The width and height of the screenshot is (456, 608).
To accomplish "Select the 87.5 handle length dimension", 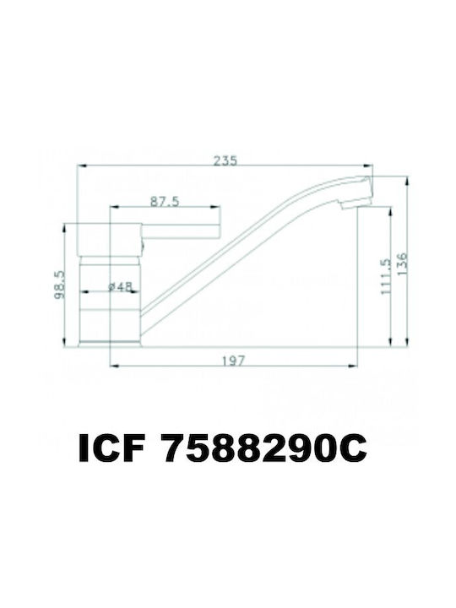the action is click(165, 202).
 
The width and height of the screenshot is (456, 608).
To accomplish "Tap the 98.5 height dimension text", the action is click(59, 285).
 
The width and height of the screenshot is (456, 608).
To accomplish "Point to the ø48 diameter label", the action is click(120, 286).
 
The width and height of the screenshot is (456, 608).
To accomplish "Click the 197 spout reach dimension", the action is click(233, 361).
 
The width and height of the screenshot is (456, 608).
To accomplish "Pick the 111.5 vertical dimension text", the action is click(386, 277).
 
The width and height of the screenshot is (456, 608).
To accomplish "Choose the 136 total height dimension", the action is click(403, 263).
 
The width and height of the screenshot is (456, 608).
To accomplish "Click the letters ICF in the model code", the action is click(112, 448).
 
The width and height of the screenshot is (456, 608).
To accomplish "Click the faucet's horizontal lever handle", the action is click(181, 231).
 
